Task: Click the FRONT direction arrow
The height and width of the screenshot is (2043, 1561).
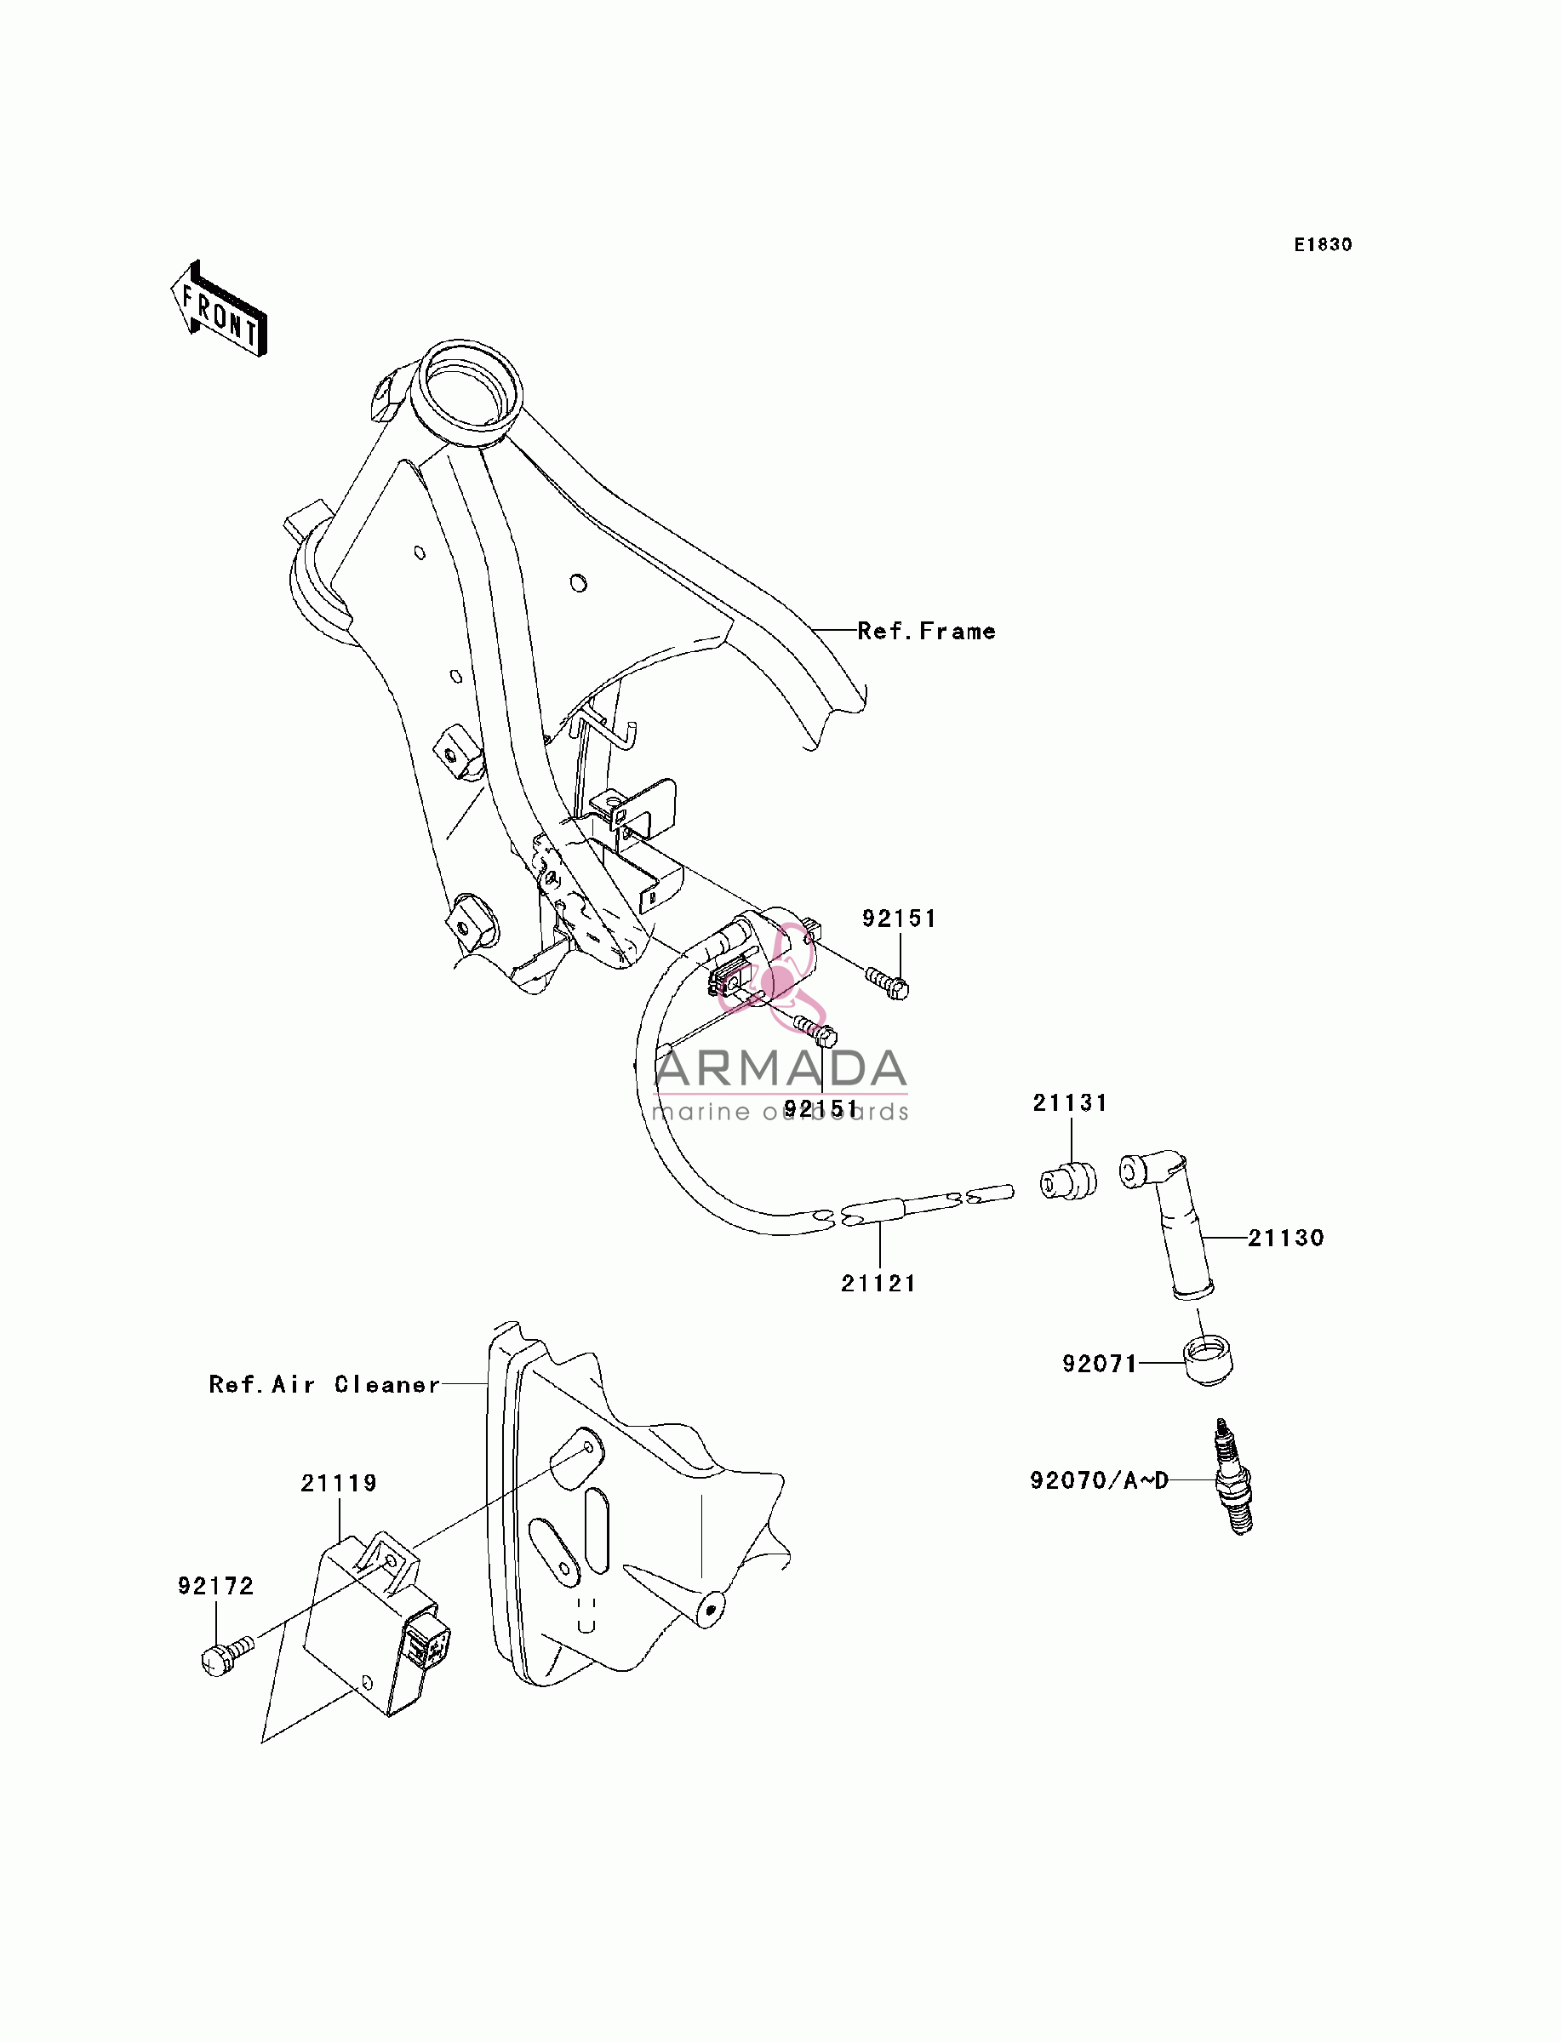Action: point(220,308)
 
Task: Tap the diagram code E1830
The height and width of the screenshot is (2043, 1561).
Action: point(1324,244)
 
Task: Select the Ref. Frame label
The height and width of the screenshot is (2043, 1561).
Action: point(926,631)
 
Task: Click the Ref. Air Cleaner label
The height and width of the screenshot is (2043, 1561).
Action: point(324,1384)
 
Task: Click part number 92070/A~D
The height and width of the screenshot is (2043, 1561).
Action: point(1099,1480)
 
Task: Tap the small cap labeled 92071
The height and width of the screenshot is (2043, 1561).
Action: point(1209,1361)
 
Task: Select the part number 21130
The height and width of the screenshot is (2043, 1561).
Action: point(1286,1238)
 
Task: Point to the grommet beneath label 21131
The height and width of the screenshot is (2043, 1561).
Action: point(1067,1181)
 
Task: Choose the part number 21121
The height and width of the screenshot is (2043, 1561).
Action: point(879,1283)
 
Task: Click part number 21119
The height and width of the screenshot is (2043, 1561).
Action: point(339,1483)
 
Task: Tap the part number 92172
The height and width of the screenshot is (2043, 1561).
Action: point(215,1585)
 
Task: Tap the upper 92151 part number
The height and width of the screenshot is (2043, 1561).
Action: point(900,918)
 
